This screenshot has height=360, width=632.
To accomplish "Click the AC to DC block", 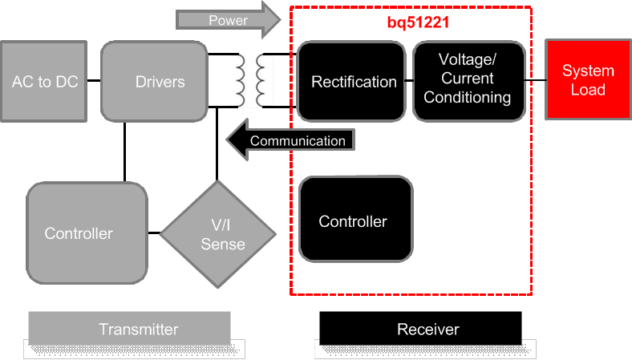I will click(x=44, y=81).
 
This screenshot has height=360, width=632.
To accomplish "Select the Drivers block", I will click(x=155, y=81).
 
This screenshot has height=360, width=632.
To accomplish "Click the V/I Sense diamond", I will click(x=218, y=234).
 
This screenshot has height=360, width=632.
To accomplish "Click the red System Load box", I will click(x=587, y=80).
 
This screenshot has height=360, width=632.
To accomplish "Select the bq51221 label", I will click(x=412, y=23).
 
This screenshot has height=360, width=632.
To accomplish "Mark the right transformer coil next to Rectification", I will click(x=261, y=81).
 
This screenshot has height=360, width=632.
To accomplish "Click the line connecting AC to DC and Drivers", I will click(x=94, y=81).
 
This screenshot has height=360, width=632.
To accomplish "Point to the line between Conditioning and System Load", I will click(x=535, y=80).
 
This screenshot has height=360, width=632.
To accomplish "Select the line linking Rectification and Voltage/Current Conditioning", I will click(x=408, y=80).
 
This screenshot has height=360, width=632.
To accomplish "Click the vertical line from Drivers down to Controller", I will click(x=125, y=152).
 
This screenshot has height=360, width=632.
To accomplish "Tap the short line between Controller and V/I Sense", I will click(x=154, y=233).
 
